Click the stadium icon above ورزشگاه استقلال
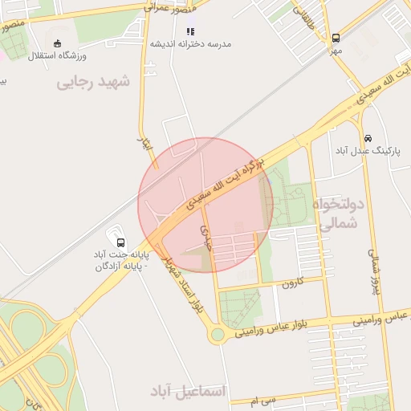[56, 44]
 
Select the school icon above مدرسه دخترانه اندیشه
[190, 31]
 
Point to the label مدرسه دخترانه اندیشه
[191, 43]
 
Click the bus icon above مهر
[336, 38]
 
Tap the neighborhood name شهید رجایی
[92, 83]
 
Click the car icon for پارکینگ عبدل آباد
[368, 138]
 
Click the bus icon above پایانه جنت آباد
[120, 242]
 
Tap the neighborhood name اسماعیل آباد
[189, 391]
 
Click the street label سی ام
[263, 400]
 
